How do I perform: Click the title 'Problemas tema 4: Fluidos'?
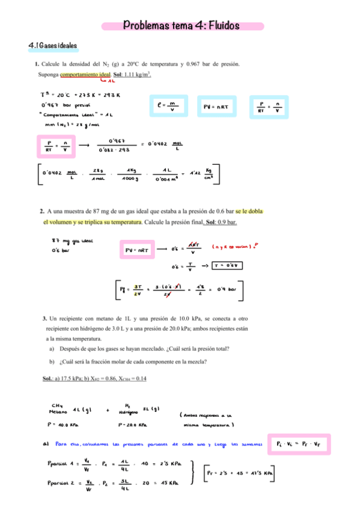click(182, 26)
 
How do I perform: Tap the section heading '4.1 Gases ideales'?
click(53, 46)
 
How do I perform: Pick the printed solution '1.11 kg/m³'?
click(136, 75)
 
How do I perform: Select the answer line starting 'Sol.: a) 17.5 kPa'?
click(94, 378)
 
